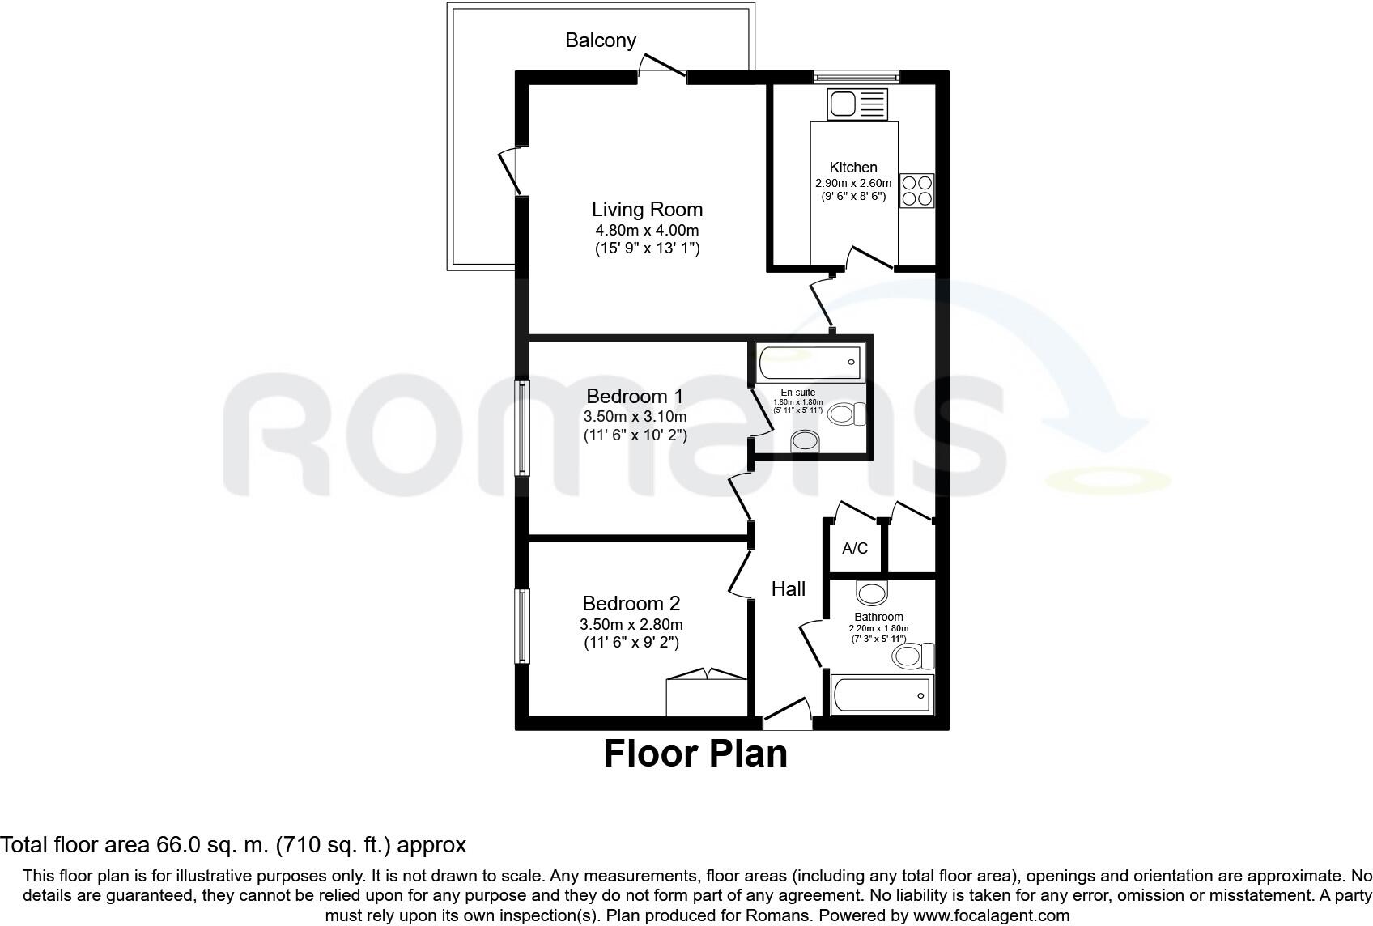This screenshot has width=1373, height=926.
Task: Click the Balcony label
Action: [x=601, y=40]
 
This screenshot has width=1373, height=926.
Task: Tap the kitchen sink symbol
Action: [x=857, y=104]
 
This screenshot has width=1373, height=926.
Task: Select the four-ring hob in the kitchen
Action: [x=916, y=190]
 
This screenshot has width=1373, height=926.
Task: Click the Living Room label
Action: [x=647, y=209]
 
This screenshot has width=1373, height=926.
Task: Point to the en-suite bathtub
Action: [x=810, y=362]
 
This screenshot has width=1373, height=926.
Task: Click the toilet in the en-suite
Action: [x=847, y=414]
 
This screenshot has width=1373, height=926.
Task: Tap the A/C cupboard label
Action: [x=855, y=548]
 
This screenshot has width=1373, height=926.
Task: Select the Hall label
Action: [x=788, y=588]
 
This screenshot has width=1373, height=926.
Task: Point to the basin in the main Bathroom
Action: [x=872, y=593]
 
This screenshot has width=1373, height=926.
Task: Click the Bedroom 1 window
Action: [x=523, y=428]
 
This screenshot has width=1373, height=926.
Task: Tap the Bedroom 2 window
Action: [x=523, y=626]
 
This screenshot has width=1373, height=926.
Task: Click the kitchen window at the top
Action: [x=857, y=77]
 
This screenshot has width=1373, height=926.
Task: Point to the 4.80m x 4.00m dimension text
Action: [x=647, y=231]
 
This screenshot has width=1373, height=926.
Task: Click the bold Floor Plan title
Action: [x=695, y=754]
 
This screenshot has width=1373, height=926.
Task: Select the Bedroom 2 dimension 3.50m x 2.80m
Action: [x=631, y=624]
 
